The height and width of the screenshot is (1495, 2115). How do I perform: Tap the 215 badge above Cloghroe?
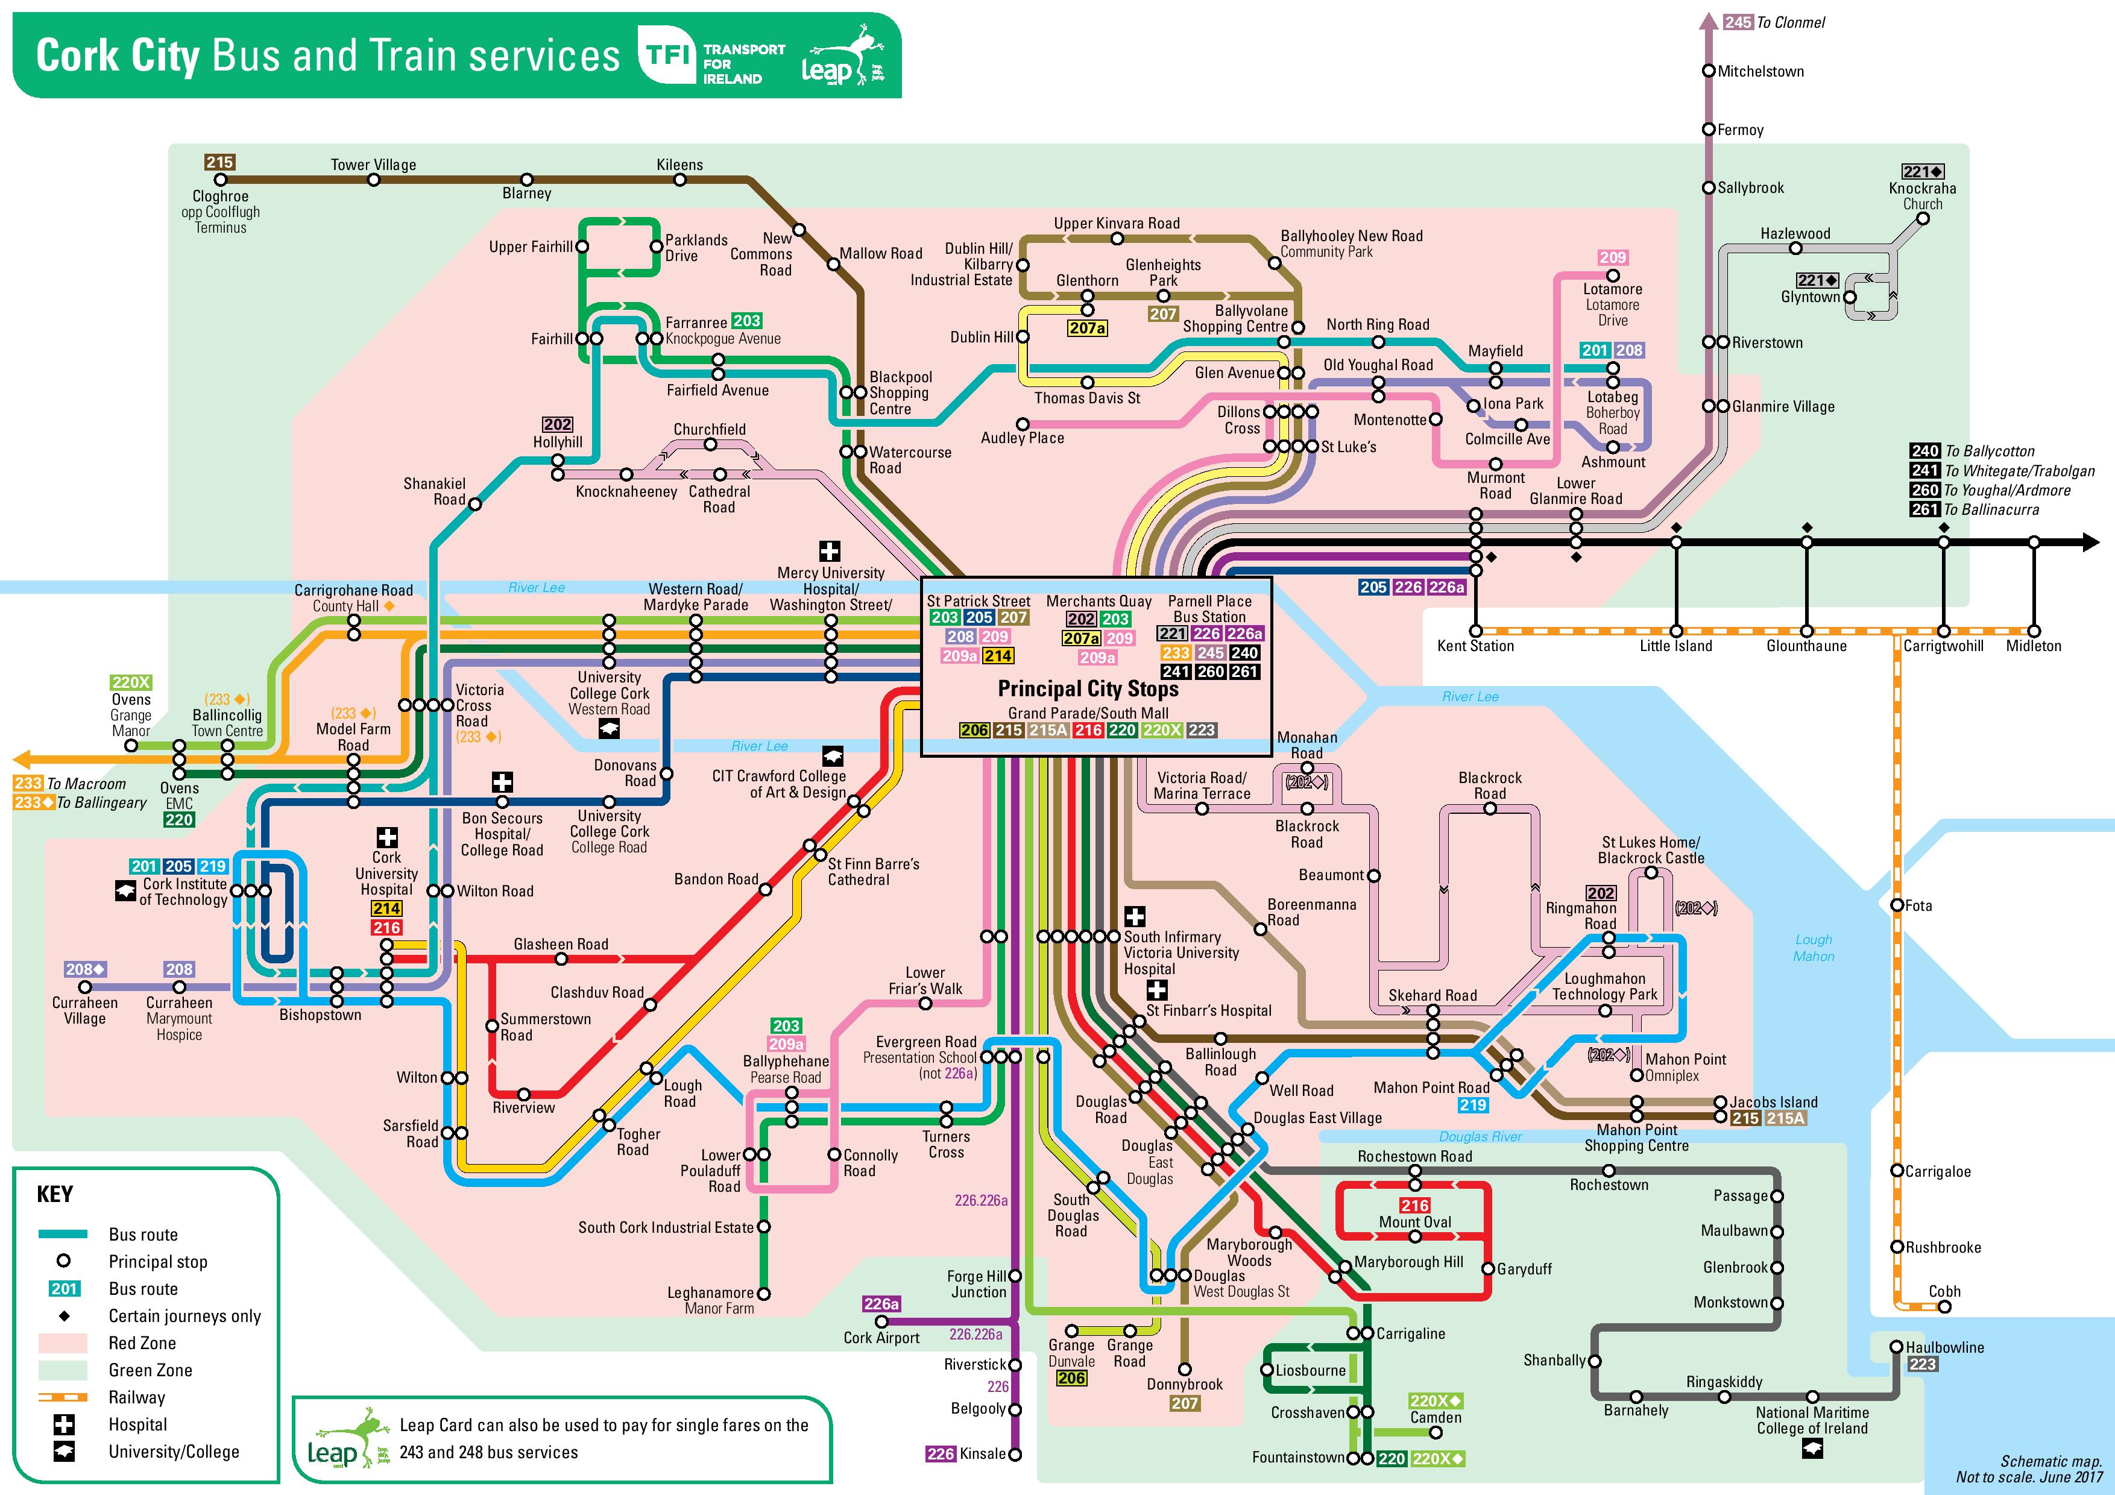pyautogui.click(x=219, y=162)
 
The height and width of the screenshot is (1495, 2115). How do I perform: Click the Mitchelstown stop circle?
pyautogui.click(x=1708, y=71)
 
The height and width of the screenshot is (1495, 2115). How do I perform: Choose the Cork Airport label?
pyautogui.click(x=881, y=1338)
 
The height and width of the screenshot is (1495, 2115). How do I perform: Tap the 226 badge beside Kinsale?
pyautogui.click(x=941, y=1453)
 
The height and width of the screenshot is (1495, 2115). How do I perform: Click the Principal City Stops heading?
pyautogui.click(x=1088, y=689)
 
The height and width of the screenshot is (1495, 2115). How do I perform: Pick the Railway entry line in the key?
pyautogui.click(x=63, y=1397)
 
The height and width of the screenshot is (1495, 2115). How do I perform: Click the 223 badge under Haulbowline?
pyautogui.click(x=1923, y=1364)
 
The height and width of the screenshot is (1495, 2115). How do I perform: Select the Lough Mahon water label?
pyautogui.click(x=1814, y=948)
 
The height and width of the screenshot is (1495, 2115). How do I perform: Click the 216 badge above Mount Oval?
pyautogui.click(x=1415, y=1205)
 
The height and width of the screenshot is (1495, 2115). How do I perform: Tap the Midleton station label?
pyautogui.click(x=2034, y=646)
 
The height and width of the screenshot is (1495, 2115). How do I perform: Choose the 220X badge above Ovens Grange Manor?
pyautogui.click(x=131, y=682)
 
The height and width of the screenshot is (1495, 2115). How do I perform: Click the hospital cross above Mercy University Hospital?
pyautogui.click(x=830, y=551)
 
